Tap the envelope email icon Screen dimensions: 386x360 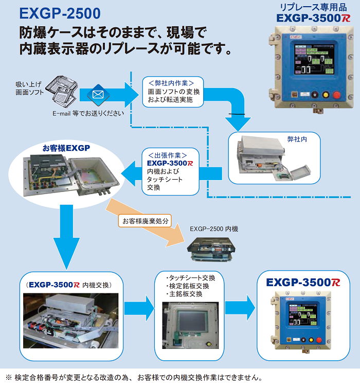click(x=97, y=95)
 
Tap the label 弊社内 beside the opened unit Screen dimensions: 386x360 click(x=297, y=139)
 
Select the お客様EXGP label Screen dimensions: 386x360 click(x=66, y=148)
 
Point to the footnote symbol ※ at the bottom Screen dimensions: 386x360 click(x=8, y=377)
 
